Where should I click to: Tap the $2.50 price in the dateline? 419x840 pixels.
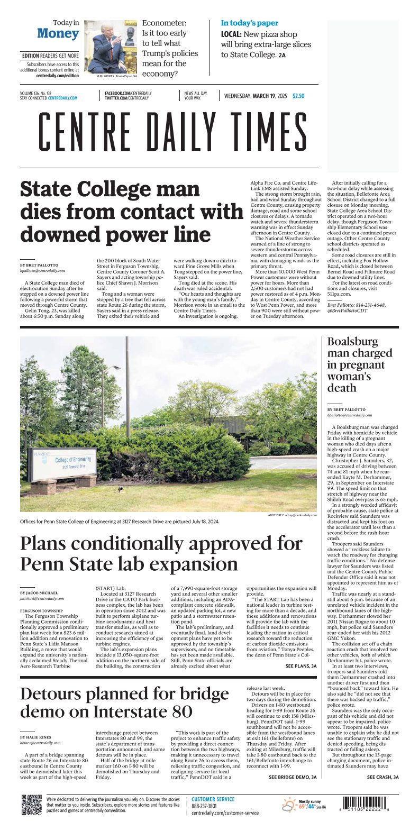[x=298, y=96]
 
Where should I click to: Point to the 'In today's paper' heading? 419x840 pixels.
[x=249, y=23]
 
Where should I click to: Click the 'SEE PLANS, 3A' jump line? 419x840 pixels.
[x=301, y=666]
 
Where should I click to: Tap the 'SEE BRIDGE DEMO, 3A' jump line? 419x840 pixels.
[x=293, y=777]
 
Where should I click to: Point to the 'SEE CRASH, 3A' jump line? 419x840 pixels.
[x=382, y=777]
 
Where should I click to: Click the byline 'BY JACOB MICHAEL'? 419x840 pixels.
[x=39, y=593]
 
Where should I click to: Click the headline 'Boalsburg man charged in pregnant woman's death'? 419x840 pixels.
[x=360, y=364]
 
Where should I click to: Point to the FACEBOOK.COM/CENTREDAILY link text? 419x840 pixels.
[x=127, y=93]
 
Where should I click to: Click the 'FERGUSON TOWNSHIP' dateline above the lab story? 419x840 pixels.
[x=41, y=610]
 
